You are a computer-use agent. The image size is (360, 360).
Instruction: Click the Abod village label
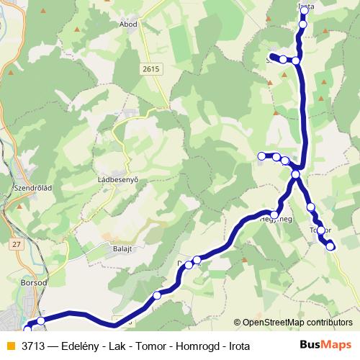(129, 23)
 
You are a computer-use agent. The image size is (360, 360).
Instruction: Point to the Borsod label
(24, 283)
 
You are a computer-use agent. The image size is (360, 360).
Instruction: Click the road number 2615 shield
(151, 68)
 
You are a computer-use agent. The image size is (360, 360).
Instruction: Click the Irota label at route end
(306, 7)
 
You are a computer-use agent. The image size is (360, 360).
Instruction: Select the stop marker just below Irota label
(302, 24)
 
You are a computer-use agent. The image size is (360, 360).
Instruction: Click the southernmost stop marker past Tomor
(330, 246)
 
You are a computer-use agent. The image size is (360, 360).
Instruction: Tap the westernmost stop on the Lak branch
(262, 156)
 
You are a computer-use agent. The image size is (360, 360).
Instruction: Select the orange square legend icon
(10, 346)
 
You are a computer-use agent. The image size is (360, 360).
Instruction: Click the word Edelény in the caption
(90, 346)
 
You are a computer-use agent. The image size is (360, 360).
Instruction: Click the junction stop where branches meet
(296, 174)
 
